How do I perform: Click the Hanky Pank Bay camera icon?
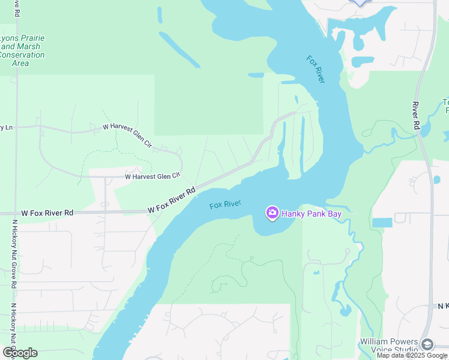(x=272, y=213)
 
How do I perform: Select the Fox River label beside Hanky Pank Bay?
(x=225, y=205)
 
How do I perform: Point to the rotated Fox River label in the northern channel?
(x=316, y=70)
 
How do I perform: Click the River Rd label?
(x=415, y=116)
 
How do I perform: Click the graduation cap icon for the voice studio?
(x=427, y=344)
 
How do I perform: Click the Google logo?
(x=19, y=353)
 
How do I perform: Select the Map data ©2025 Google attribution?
(x=412, y=355)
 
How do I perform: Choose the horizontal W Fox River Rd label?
(x=47, y=213)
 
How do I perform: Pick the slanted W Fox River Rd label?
(x=172, y=200)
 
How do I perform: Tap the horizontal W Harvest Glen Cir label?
(x=152, y=176)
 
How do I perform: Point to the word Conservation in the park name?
(x=22, y=55)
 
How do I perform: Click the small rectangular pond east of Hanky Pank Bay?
(x=382, y=223)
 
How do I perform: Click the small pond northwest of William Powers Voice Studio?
(x=345, y=310)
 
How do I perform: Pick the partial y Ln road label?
(x=7, y=127)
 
